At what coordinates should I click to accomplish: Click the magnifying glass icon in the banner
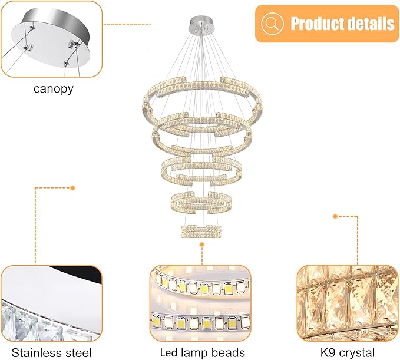pyautogui.click(x=272, y=24)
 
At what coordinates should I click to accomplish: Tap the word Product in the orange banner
pyautogui.click(x=317, y=24)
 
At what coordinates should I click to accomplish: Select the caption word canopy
pyautogui.click(x=54, y=89)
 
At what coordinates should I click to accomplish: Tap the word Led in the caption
pyautogui.click(x=169, y=353)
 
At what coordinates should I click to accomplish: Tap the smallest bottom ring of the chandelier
pyautogui.click(x=201, y=232)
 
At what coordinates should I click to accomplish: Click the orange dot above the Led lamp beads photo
pyautogui.click(x=202, y=245)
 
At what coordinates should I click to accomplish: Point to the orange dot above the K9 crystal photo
pyautogui.click(x=335, y=216)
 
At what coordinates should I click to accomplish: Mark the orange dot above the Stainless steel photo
pyautogui.click(x=72, y=188)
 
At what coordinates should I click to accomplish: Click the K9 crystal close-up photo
pyautogui.click(x=348, y=303)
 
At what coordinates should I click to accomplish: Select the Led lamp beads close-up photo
pyautogui.click(x=200, y=303)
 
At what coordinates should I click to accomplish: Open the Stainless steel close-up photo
pyautogui.click(x=51, y=303)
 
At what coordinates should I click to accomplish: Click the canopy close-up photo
pyautogui.click(x=51, y=39)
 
